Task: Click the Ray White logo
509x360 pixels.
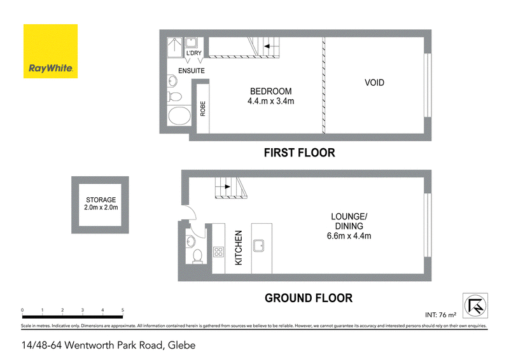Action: click(50, 51)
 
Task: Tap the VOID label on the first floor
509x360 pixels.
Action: click(374, 83)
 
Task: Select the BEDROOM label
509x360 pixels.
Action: click(271, 91)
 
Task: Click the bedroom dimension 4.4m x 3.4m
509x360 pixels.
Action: click(271, 101)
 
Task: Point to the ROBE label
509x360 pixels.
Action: click(203, 109)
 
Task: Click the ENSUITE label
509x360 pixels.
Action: click(192, 71)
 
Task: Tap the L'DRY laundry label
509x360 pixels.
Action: click(194, 53)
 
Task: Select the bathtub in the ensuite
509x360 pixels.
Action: click(179, 116)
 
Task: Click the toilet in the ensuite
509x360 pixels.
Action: click(174, 97)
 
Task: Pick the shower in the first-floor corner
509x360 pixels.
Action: click(174, 48)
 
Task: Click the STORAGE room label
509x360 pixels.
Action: click(101, 200)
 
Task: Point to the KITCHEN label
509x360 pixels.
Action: click(239, 247)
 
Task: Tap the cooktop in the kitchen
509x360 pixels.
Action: click(218, 252)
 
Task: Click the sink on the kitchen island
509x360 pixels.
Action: click(258, 246)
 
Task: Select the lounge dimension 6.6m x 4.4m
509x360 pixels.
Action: click(349, 236)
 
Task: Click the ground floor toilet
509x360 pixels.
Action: click(197, 256)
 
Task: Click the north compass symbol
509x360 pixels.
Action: click(475, 305)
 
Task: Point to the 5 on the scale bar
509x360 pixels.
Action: click(123, 310)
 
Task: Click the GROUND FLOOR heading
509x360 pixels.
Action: click(309, 298)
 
